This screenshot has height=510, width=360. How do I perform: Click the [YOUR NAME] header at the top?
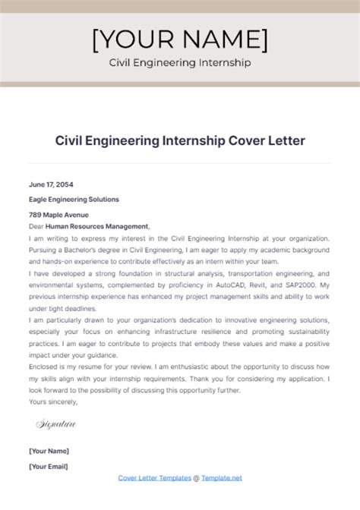coord(179,40)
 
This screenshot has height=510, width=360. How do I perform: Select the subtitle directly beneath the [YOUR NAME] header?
coord(179,63)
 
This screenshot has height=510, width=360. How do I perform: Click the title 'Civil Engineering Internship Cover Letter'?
coord(179,140)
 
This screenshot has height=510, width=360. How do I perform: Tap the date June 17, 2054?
coord(51,184)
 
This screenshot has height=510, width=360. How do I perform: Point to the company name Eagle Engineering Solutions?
coord(74,199)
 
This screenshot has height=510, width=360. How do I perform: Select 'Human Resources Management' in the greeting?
coord(96,225)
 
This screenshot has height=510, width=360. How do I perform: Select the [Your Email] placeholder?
coord(49,465)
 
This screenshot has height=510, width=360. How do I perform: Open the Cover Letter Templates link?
coord(154,477)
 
